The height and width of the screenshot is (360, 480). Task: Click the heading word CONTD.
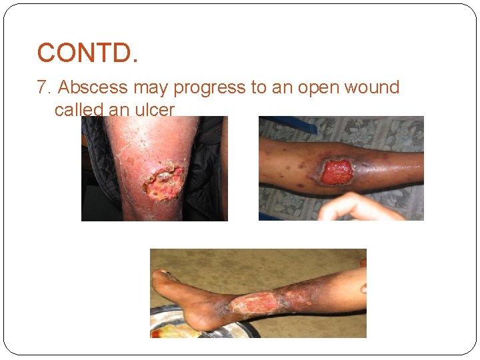87,53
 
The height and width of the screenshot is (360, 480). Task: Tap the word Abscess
93,87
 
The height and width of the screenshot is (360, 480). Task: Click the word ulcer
154,109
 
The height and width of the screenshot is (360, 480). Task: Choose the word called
78,109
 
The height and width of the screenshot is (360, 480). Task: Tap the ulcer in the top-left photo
163,183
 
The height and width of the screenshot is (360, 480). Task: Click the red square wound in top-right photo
337,172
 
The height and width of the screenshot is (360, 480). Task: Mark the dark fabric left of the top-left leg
90,160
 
